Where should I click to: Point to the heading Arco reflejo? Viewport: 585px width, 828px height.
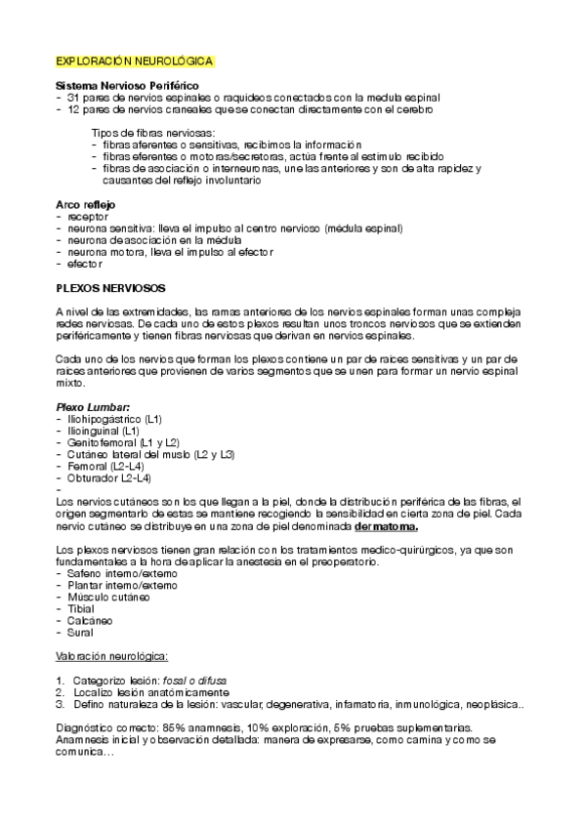(85, 204)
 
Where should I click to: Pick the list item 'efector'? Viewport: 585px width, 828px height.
(85, 264)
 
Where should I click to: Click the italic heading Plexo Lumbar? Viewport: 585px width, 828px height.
(92, 406)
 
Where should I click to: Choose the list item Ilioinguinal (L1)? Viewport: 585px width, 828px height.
(103, 431)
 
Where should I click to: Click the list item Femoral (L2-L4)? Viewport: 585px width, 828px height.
(105, 467)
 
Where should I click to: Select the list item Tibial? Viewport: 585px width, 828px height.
(80, 608)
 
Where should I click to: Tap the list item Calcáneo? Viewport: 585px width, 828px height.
(88, 620)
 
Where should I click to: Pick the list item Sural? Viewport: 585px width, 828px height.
(80, 633)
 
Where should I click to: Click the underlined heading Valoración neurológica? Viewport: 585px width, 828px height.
(112, 656)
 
